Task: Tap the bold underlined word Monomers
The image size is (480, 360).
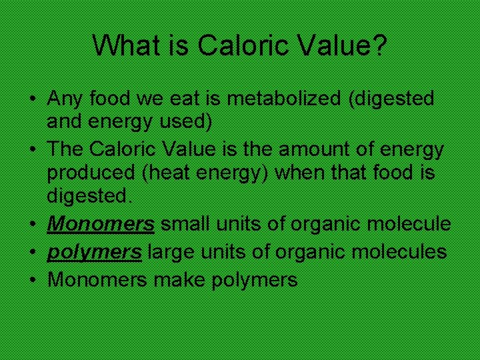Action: click(101, 223)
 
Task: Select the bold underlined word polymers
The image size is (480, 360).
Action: click(94, 252)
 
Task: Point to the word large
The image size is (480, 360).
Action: click(171, 252)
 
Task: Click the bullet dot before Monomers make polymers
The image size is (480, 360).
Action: click(32, 280)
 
